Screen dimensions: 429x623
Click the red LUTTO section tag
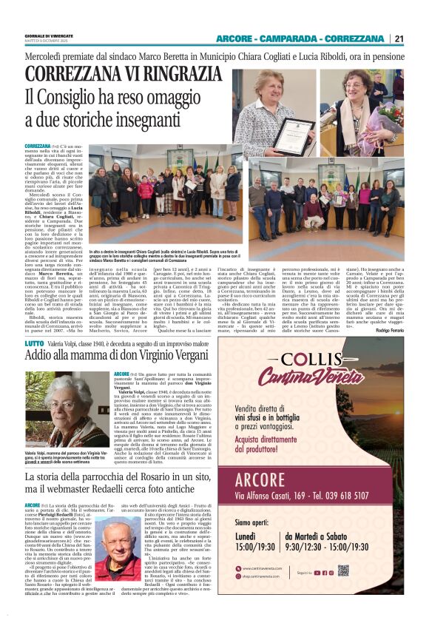coord(34,344)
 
